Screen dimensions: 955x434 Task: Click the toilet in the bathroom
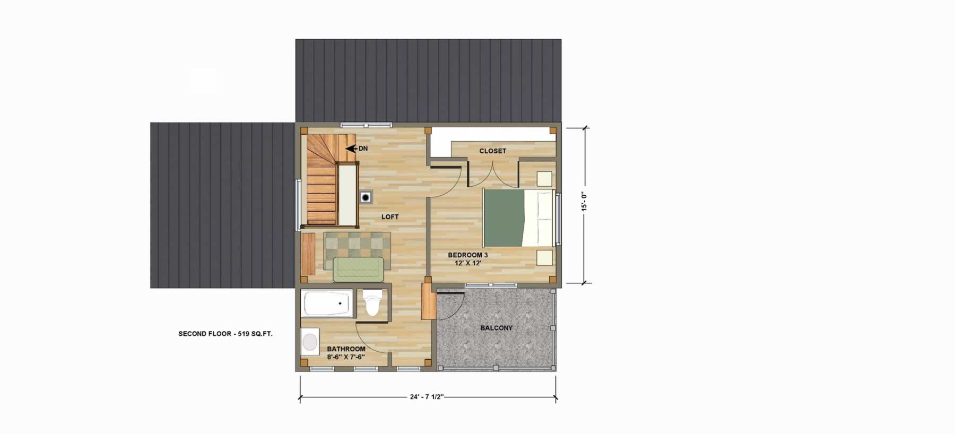tap(373, 303)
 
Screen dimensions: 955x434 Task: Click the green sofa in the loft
tap(358, 268)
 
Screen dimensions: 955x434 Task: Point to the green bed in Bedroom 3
tap(518, 218)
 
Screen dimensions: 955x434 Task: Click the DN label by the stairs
tap(363, 149)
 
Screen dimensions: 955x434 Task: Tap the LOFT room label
tap(390, 217)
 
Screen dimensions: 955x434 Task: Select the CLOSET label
tap(493, 151)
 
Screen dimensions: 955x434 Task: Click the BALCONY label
tap(497, 328)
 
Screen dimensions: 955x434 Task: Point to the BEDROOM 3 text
tap(468, 255)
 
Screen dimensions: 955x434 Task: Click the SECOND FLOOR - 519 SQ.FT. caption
tap(225, 334)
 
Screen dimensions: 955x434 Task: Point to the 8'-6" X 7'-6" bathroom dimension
tap(346, 357)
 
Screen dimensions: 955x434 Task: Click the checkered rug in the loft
tap(357, 249)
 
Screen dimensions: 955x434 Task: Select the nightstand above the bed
tap(544, 178)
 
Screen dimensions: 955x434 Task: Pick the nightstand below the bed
tap(544, 257)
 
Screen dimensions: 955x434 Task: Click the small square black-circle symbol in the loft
tap(366, 197)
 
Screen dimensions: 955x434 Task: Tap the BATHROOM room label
tap(346, 349)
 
